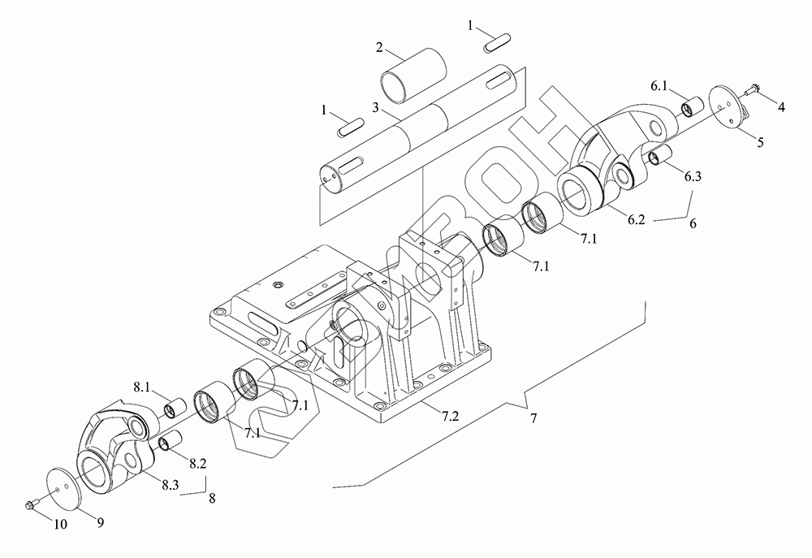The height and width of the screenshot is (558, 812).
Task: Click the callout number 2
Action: click(x=379, y=48)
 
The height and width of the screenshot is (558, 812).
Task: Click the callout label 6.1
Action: click(x=659, y=86)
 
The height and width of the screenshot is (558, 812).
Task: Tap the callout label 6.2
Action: click(x=637, y=219)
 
